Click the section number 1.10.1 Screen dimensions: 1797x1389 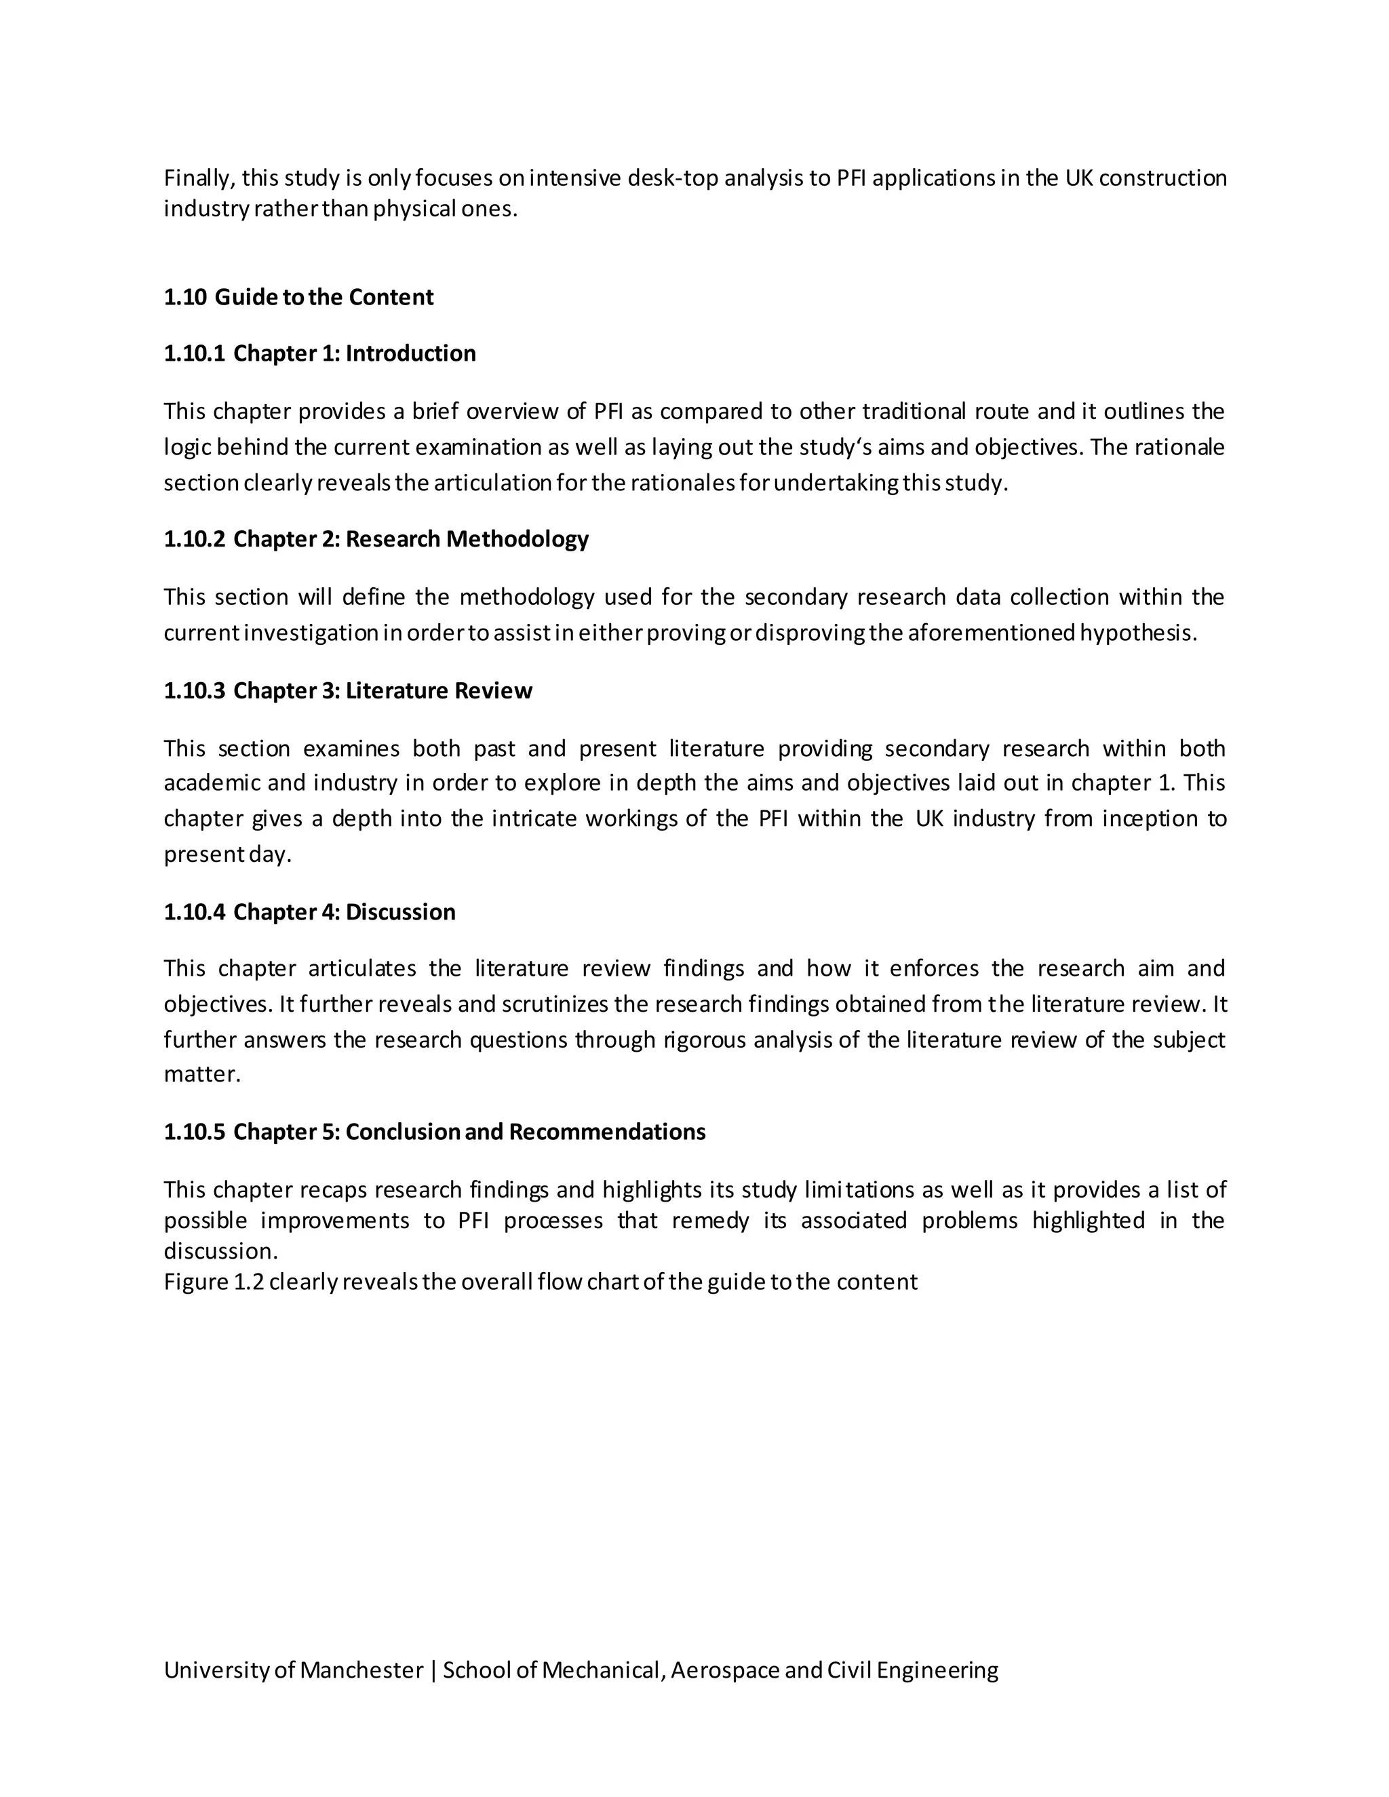click(193, 353)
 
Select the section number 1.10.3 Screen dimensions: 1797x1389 click(193, 690)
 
